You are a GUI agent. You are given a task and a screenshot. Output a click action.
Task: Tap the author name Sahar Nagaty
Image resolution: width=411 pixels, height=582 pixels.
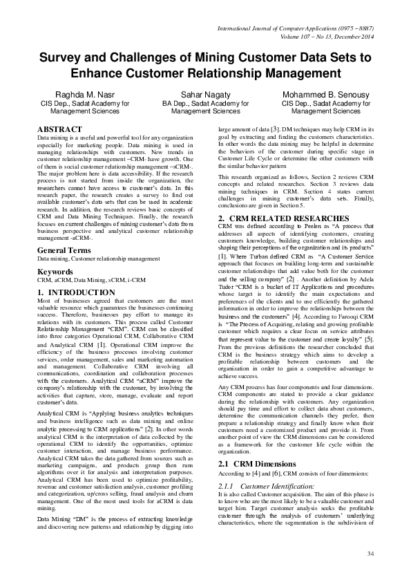pyautogui.click(x=205, y=93)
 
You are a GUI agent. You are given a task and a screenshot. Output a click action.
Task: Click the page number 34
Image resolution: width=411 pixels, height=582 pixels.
pyautogui.click(x=370, y=554)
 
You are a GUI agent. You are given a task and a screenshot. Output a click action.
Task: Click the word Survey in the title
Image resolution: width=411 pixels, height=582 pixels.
pyautogui.click(x=61, y=58)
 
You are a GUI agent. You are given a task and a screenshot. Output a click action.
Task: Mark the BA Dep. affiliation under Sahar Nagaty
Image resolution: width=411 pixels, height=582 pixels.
pyautogui.click(x=205, y=103)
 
